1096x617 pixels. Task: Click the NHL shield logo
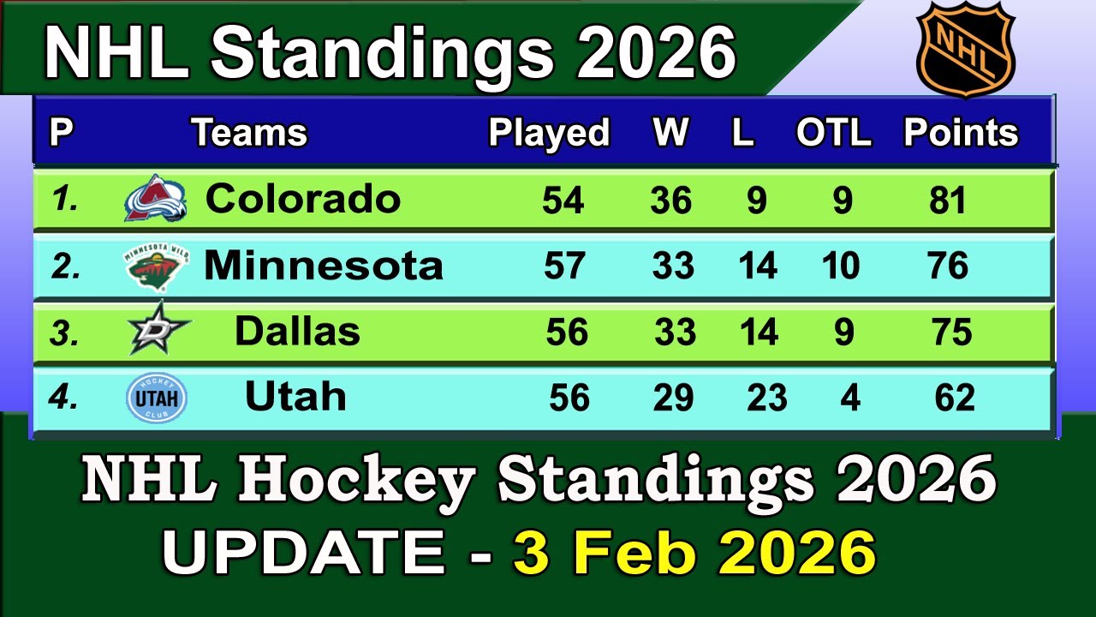tap(965, 49)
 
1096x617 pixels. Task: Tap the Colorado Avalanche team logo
tap(155, 199)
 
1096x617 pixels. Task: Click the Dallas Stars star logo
tap(158, 330)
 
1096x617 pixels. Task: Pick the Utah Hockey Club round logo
tap(156, 398)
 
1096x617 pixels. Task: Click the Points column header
tap(961, 133)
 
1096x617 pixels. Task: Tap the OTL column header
tap(833, 133)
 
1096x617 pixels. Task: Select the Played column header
tap(549, 133)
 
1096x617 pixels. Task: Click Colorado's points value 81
tap(948, 201)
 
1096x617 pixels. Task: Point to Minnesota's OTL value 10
tap(840, 266)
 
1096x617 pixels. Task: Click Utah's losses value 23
tap(766, 398)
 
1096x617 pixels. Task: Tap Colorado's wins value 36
tap(670, 201)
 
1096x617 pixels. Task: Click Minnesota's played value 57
tap(565, 266)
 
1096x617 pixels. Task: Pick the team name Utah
tap(295, 397)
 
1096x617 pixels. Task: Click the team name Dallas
tap(297, 332)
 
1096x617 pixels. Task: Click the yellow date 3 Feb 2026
tap(694, 554)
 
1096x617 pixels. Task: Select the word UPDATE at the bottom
tap(304, 554)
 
